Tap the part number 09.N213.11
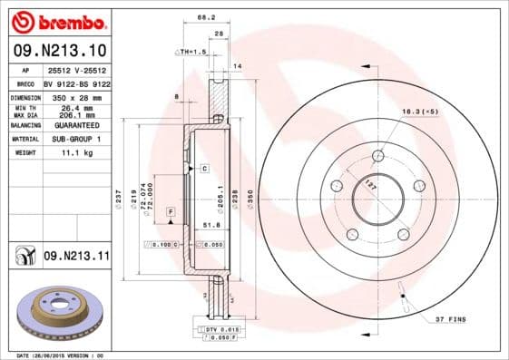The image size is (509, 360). [x=75, y=257]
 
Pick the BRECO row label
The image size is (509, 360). [x=24, y=82]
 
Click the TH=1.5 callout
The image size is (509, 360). [x=193, y=53]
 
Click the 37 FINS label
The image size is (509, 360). [x=449, y=319]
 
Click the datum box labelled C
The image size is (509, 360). [x=204, y=169]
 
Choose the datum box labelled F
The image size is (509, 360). [x=169, y=210]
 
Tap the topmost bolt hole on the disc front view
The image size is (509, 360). [x=377, y=155]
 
